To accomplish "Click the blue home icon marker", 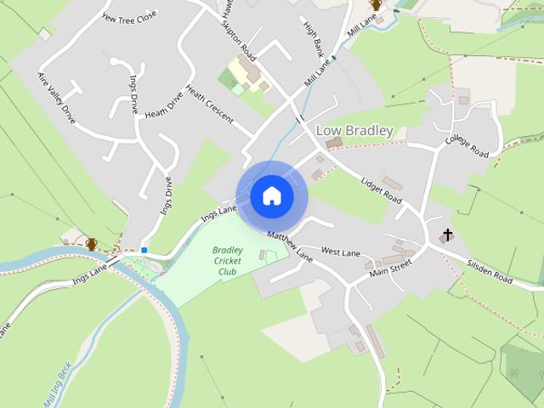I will pos(272,196).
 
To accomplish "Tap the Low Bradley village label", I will pos(354,131).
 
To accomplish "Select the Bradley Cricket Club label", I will pos(227,261).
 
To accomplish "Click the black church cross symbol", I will pos(447,235).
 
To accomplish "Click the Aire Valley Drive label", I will pos(57,98).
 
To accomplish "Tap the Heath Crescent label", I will pos(209,105).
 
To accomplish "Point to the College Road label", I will pos(467,146).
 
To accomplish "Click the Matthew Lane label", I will pos(291,246).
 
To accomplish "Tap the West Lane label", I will pos(341,252).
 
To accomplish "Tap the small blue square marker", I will pos(144,250).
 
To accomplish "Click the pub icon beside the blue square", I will pos(91,244).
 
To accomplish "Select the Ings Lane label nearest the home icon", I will pos(218,213).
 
